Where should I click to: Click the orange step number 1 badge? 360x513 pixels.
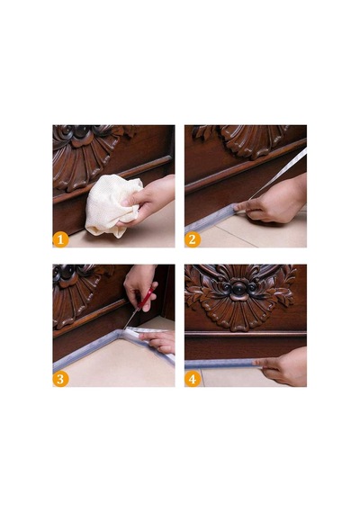pyautogui.click(x=60, y=239)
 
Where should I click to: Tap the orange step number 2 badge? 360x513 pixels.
pyautogui.click(x=193, y=239)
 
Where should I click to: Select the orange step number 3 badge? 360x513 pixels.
pyautogui.click(x=60, y=379)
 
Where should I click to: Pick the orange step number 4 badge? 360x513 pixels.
pyautogui.click(x=193, y=379)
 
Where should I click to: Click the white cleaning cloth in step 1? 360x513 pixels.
pyautogui.click(x=110, y=204)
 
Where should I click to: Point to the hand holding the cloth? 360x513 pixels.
pyautogui.click(x=148, y=200)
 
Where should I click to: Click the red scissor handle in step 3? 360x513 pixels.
pyautogui.click(x=147, y=299)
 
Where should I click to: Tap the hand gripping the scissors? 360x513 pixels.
pyautogui.click(x=140, y=284)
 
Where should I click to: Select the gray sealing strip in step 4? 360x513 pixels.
pyautogui.click(x=222, y=364)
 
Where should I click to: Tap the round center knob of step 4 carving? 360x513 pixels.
pyautogui.click(x=239, y=288)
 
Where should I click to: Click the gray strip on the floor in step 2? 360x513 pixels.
pyautogui.click(x=210, y=219)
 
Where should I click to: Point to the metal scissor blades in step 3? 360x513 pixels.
pyautogui.click(x=130, y=319)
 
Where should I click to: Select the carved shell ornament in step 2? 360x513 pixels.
pyautogui.click(x=248, y=140)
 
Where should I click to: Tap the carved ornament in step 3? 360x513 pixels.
pyautogui.click(x=76, y=292)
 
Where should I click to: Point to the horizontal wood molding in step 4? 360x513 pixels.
pyautogui.click(x=246, y=334)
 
